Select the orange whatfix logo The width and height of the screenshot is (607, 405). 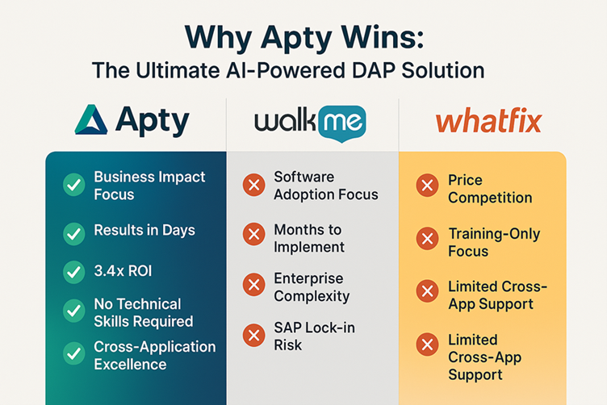pyautogui.click(x=488, y=123)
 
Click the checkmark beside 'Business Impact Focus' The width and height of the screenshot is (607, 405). pyautogui.click(x=74, y=186)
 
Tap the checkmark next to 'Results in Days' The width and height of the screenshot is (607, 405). pyautogui.click(x=74, y=233)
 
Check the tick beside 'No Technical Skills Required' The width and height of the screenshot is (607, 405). pyautogui.click(x=74, y=311)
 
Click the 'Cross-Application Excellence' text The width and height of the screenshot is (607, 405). pyautogui.click(x=154, y=356)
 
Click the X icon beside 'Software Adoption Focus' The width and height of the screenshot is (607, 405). pyautogui.click(x=253, y=186)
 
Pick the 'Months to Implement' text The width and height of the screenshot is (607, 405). pyautogui.click(x=309, y=239)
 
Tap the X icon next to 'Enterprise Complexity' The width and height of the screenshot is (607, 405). pyautogui.click(x=253, y=285)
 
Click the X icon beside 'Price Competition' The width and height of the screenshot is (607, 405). pyautogui.click(x=427, y=187)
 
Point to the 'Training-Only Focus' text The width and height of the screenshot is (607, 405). pyautogui.click(x=494, y=243)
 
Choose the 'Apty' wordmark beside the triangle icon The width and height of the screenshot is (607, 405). pyautogui.click(x=152, y=122)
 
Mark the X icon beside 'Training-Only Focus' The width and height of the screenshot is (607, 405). pyautogui.click(x=427, y=239)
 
